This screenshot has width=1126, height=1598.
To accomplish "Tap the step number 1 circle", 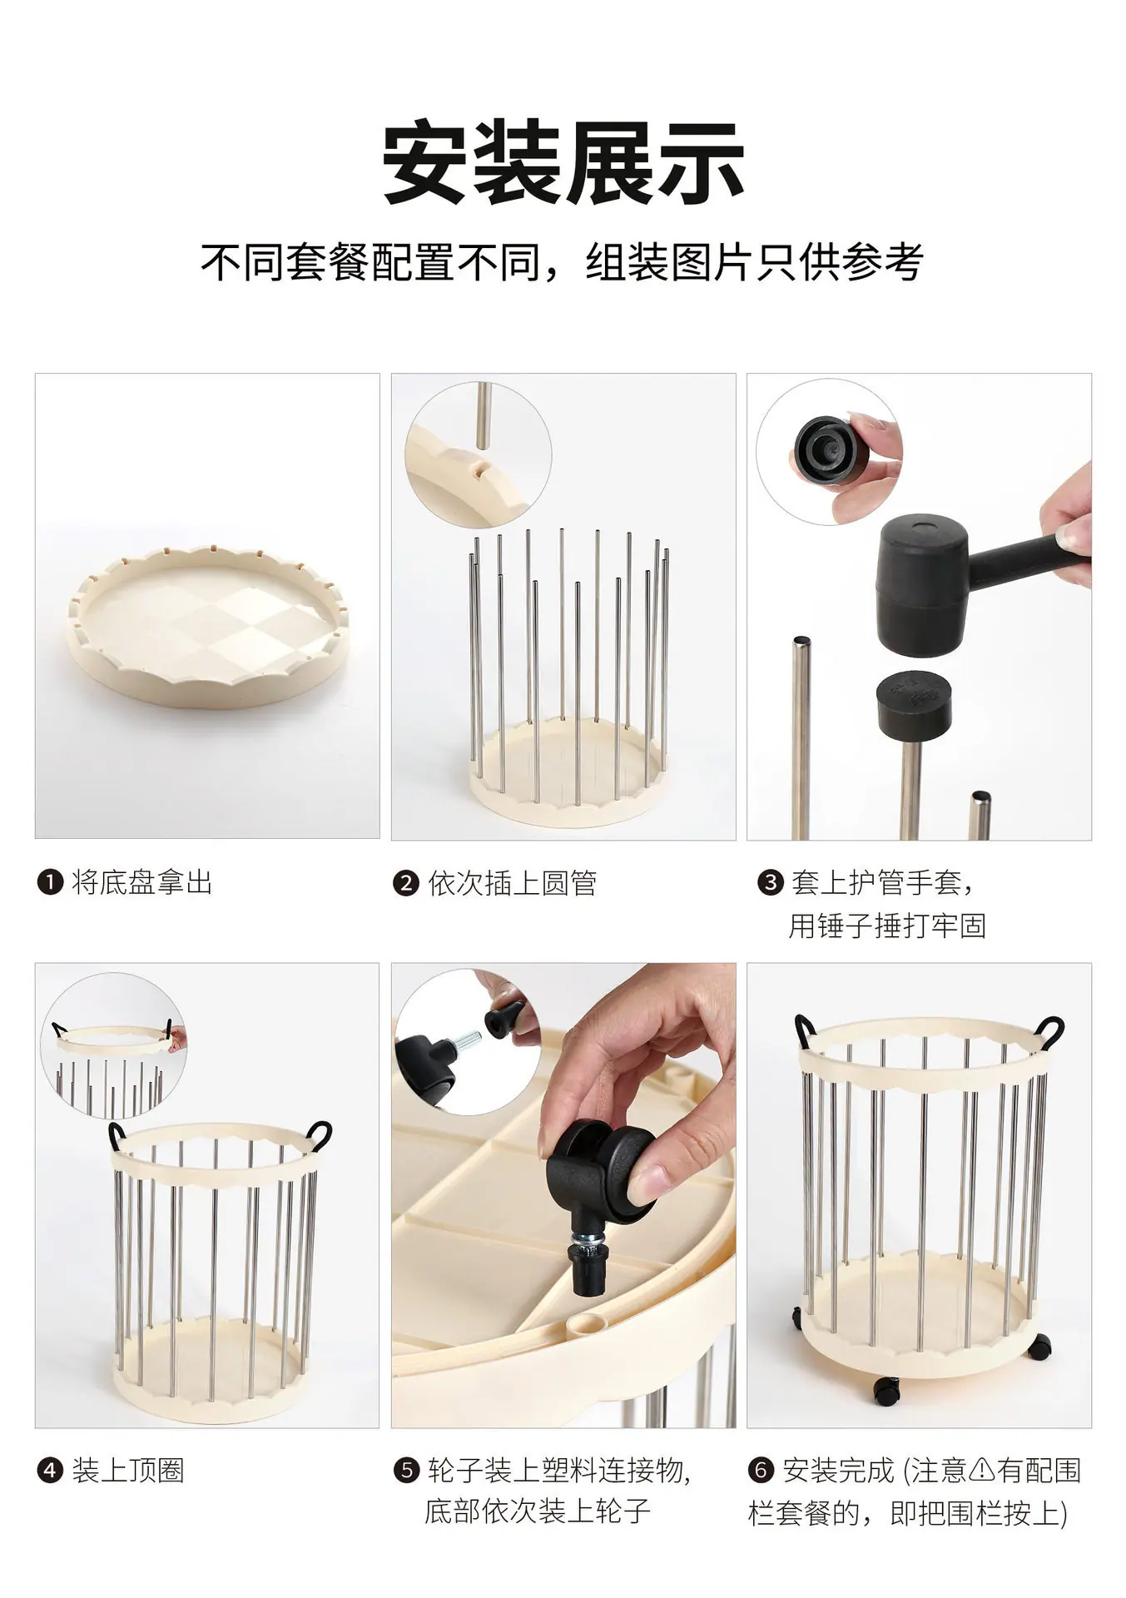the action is tap(50, 882).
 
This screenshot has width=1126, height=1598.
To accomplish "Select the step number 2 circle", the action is tap(405, 883).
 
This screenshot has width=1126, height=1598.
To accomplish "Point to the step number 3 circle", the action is tap(770, 882).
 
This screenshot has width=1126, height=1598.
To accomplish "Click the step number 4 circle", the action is tap(50, 1471).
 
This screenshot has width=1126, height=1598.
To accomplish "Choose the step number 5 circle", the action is tap(406, 1471).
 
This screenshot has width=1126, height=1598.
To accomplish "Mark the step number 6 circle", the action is tap(761, 1471).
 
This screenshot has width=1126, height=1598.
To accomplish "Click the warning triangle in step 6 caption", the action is tap(982, 1471).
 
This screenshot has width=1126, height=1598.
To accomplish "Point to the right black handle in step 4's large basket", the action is tap(320, 1135).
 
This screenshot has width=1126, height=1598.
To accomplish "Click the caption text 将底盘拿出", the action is tap(142, 882).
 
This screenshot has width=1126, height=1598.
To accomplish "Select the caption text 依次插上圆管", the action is tap(513, 883).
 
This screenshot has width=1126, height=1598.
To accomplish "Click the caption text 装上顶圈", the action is tap(128, 1471).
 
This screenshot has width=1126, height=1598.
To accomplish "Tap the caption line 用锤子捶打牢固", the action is tap(887, 926).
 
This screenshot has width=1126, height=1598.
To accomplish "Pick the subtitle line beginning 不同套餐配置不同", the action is tap(563, 263).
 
